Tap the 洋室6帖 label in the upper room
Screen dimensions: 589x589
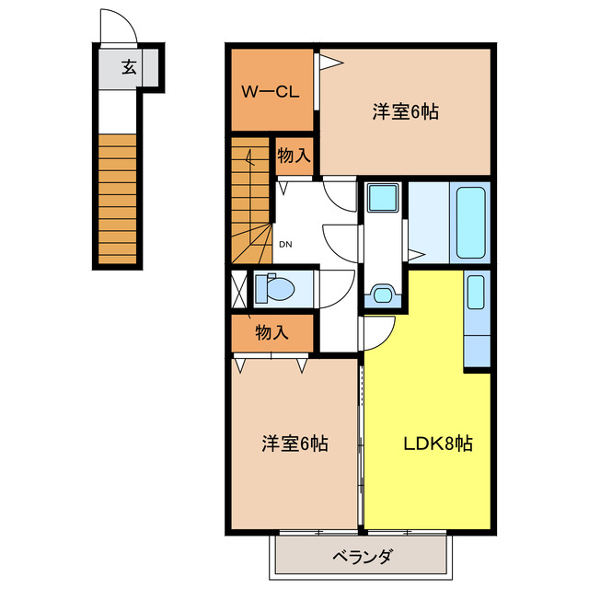pyautogui.click(x=405, y=112)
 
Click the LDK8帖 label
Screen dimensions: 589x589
pyautogui.click(x=438, y=443)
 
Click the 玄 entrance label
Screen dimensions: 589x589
pyautogui.click(x=129, y=66)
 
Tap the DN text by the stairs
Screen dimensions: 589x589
pyautogui.click(x=285, y=244)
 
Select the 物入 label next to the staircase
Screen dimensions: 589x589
pyautogui.click(x=294, y=156)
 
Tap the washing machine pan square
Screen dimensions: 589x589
pyautogui.click(x=381, y=198)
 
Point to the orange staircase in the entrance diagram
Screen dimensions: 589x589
pyautogui.click(x=119, y=199)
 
